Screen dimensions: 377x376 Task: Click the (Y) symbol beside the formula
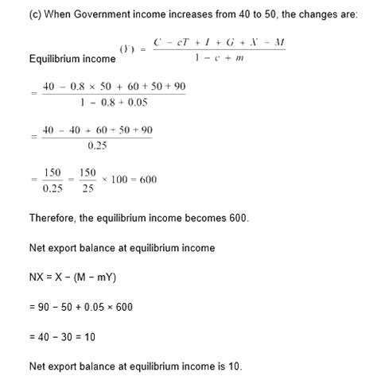[x=126, y=49]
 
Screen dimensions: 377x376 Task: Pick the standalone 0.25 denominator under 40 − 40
[x=97, y=144]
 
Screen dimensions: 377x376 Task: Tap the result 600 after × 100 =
[x=148, y=179]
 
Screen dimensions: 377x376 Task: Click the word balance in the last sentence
[x=97, y=366]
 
